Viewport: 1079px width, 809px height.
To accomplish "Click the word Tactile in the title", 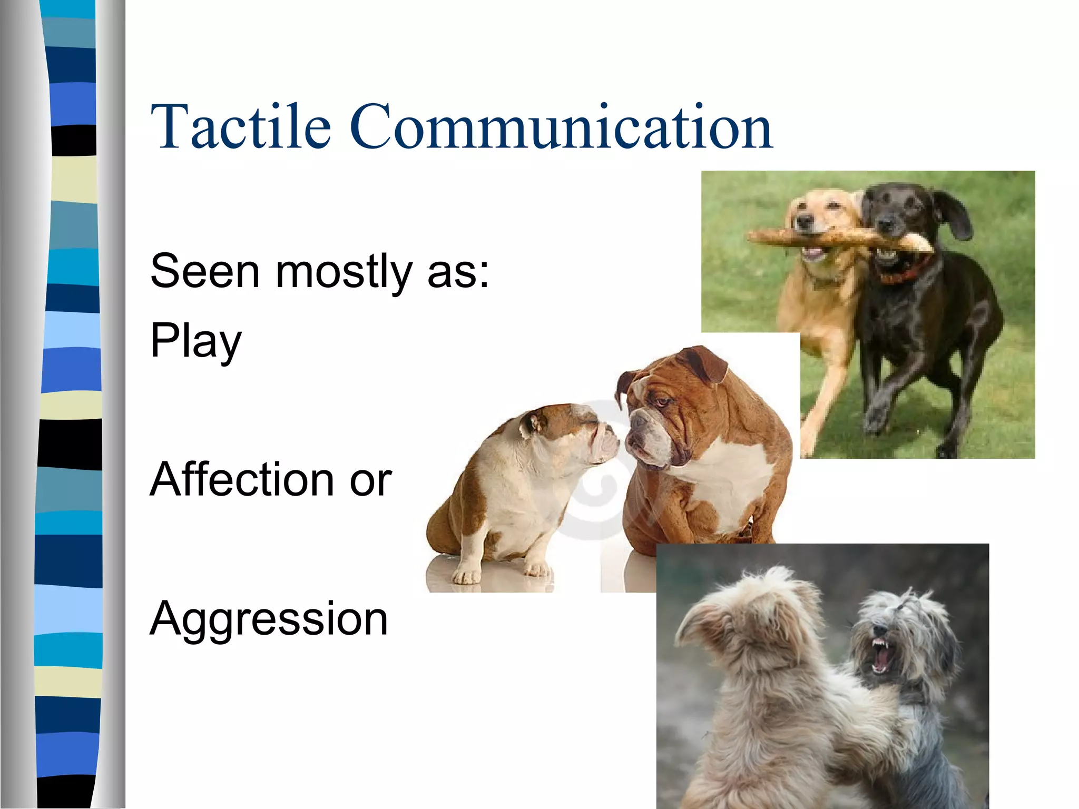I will coord(240,126).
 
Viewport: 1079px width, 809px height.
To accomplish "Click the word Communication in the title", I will coord(561,126).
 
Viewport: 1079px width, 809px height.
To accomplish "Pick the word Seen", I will coord(205,271).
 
